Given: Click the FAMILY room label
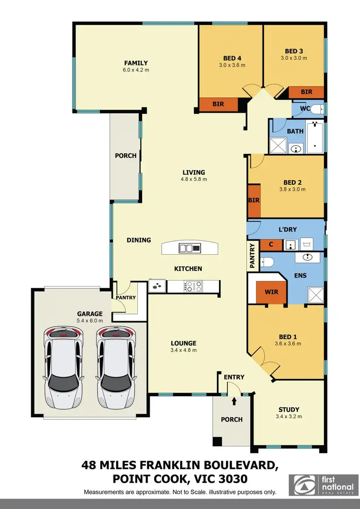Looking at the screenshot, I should point(136,63).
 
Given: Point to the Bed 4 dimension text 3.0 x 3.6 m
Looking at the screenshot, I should point(232,65).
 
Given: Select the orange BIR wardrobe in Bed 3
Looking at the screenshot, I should point(306,92).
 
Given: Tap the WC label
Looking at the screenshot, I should point(304,109).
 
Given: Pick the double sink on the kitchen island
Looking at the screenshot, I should point(190,248).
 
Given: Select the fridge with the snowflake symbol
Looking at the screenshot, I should point(157,286).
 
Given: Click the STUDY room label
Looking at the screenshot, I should point(289,410).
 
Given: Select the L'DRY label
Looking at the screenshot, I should point(288,230).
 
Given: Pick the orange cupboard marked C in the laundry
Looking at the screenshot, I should point(271,245).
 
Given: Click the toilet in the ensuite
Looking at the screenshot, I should point(267,262).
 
